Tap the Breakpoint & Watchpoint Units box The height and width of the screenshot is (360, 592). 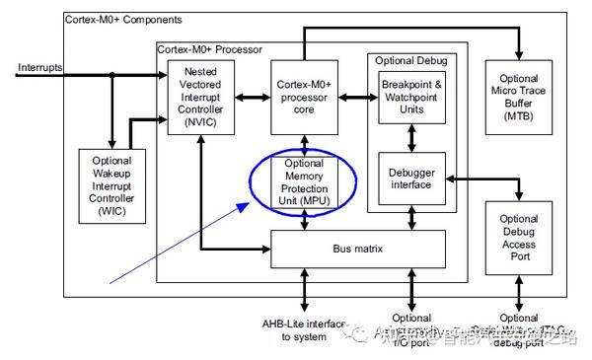pos(412,97)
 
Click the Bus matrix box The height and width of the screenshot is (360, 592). pos(358,249)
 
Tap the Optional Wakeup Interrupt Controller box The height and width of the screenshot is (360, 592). pos(112,187)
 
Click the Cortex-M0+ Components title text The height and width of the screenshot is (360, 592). pos(124,20)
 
